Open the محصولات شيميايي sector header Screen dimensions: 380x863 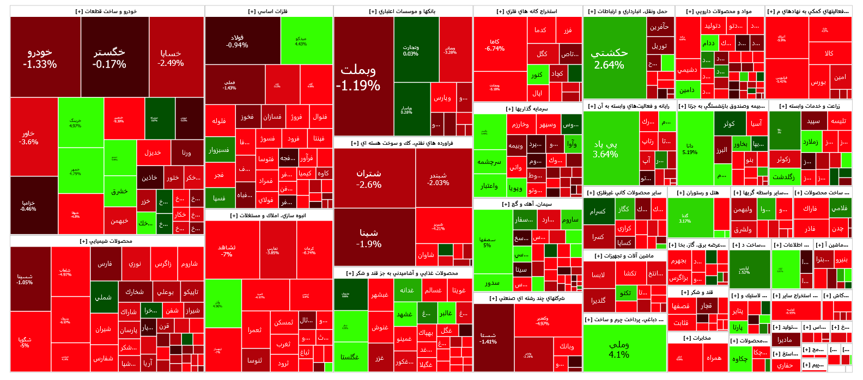107,241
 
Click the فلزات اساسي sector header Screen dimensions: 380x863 269,11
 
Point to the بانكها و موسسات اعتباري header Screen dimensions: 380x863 403,11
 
